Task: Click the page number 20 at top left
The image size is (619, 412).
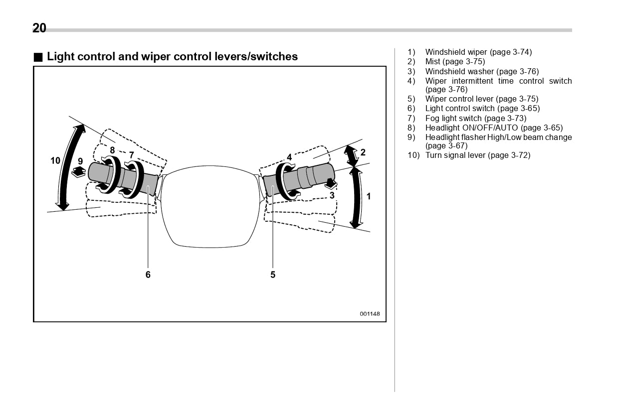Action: tap(39, 28)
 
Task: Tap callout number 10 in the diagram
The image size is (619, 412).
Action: tap(55, 160)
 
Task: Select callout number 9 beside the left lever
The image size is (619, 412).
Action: tap(80, 161)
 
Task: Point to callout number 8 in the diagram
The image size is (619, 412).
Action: tap(112, 150)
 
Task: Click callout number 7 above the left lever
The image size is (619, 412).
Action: tap(131, 155)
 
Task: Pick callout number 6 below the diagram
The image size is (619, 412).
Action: tap(148, 275)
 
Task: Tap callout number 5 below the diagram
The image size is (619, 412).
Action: tap(273, 275)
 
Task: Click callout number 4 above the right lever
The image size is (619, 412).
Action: tap(289, 157)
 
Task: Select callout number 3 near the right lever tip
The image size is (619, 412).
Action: tap(332, 196)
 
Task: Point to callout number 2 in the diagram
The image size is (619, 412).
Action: tap(363, 152)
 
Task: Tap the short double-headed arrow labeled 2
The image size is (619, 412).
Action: tap(352, 156)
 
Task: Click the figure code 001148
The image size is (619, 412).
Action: tap(370, 314)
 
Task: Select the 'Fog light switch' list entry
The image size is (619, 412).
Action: tap(475, 118)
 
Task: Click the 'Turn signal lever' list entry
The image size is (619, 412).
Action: tap(477, 155)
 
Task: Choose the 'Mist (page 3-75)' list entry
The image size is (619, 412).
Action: tap(454, 62)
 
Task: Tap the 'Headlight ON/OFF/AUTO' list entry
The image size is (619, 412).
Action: tap(493, 128)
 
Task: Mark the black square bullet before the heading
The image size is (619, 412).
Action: tap(38, 57)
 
